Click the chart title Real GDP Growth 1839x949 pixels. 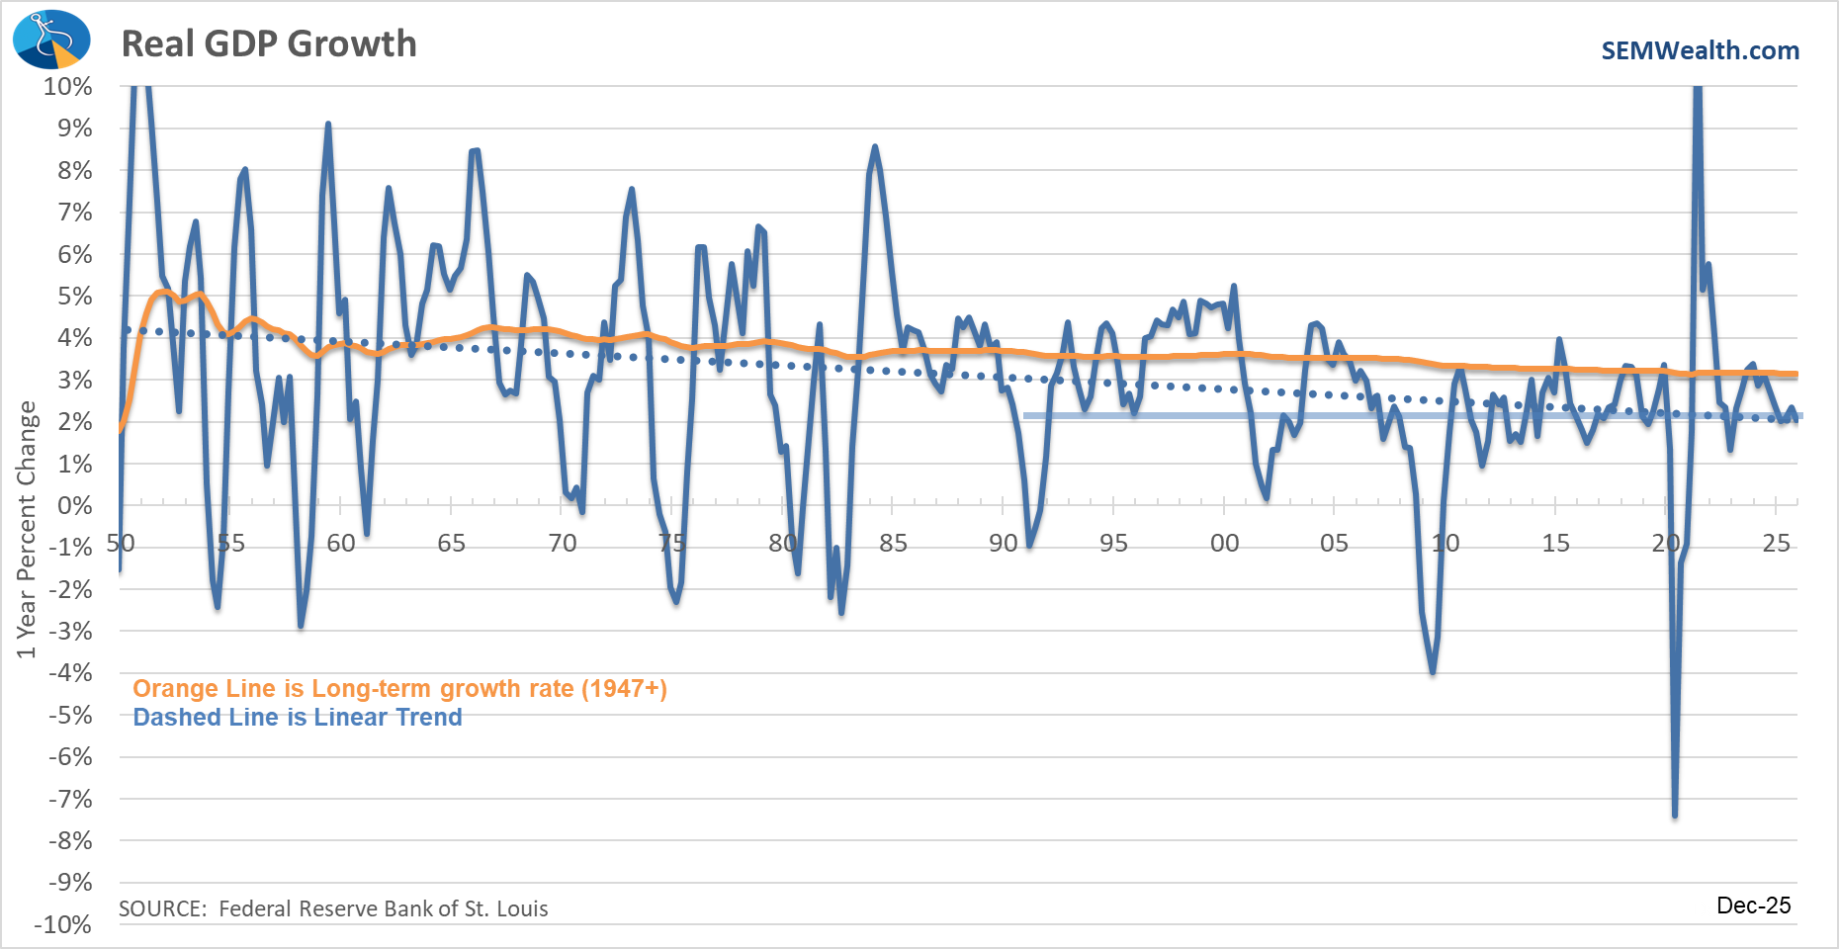click(x=269, y=43)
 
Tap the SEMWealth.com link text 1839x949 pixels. click(x=1700, y=50)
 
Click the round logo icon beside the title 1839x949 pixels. click(x=50, y=41)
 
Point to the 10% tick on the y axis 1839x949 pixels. click(x=67, y=86)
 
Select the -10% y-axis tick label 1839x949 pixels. click(x=63, y=924)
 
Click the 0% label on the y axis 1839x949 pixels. click(x=74, y=505)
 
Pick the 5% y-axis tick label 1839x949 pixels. click(x=74, y=296)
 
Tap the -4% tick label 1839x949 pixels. click(x=69, y=673)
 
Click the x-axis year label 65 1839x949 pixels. click(x=451, y=543)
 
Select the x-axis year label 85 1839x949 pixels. click(x=893, y=543)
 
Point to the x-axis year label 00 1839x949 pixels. click(x=1224, y=543)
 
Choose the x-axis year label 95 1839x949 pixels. click(x=1113, y=543)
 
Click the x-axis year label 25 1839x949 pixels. click(x=1777, y=543)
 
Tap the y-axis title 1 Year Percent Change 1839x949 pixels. click(x=26, y=529)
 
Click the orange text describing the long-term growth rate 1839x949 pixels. click(x=399, y=688)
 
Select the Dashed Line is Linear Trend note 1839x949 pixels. click(x=297, y=717)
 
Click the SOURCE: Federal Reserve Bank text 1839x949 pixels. click(x=333, y=908)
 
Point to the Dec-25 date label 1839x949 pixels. click(x=1725, y=908)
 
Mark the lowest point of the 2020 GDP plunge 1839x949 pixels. click(x=1675, y=815)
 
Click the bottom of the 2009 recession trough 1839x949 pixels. click(x=1433, y=672)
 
